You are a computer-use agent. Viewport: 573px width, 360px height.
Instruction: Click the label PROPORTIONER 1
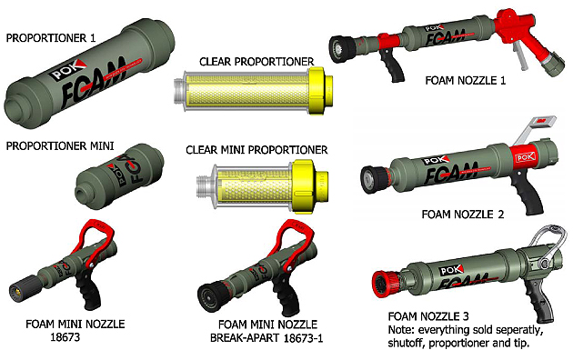(51, 38)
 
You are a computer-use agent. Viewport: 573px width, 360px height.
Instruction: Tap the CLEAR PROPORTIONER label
(256, 61)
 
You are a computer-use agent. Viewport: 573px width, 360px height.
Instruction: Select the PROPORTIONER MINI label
(60, 146)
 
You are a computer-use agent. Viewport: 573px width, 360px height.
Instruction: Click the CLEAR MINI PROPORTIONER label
(256, 150)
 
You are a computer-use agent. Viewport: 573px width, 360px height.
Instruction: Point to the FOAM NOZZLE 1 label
(465, 80)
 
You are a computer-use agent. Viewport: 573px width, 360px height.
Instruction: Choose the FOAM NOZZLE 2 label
(463, 214)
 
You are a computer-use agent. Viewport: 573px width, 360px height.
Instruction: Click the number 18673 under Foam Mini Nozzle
(65, 337)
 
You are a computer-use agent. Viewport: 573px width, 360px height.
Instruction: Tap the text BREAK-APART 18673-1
(266, 338)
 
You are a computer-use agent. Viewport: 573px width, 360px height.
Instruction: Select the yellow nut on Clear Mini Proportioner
(310, 185)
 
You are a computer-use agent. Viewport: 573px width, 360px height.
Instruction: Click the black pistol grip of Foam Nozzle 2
(528, 191)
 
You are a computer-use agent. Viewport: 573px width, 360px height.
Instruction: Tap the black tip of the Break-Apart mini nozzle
(211, 297)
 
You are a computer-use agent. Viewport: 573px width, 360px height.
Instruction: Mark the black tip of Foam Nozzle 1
(342, 51)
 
